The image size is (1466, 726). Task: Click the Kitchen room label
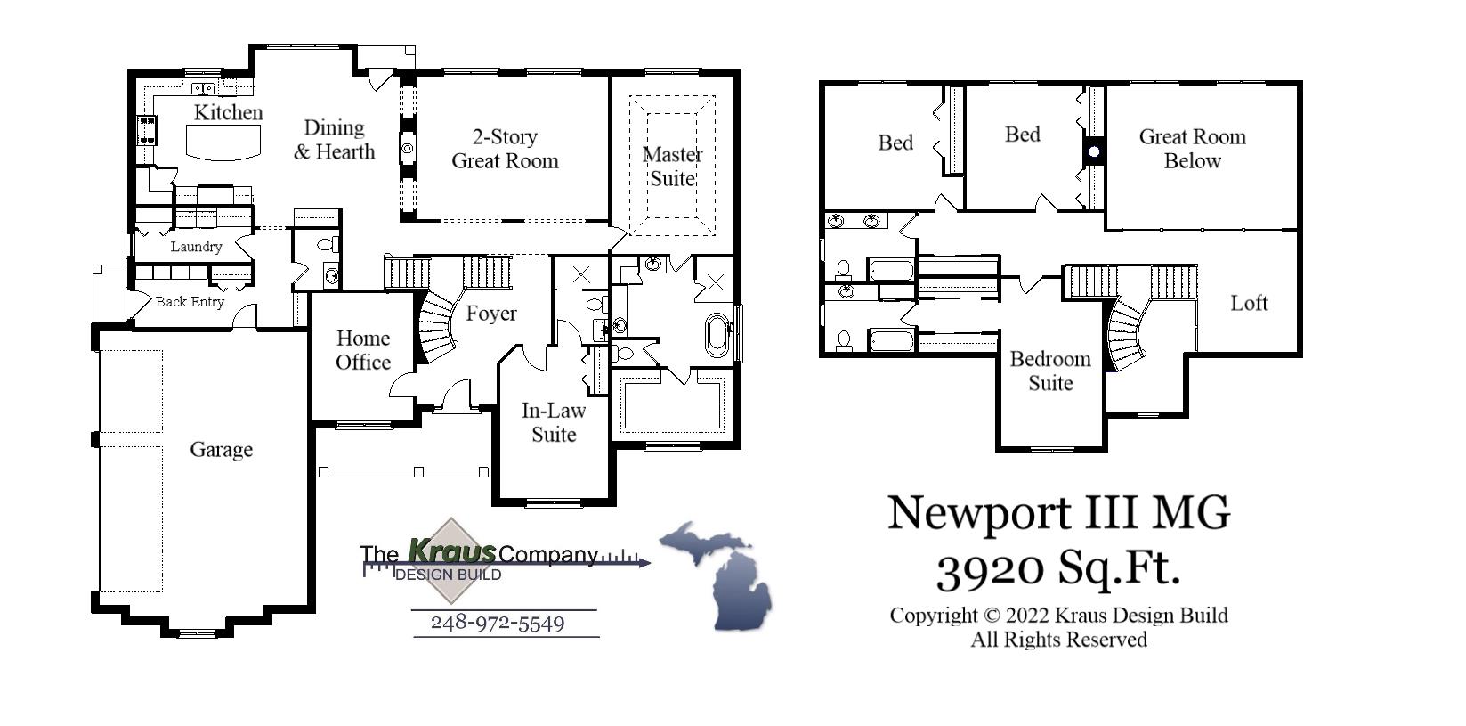[x=228, y=113]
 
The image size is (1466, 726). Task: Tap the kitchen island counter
[x=223, y=142]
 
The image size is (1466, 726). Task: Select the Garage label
[x=221, y=450]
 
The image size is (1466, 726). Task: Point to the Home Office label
[x=363, y=350]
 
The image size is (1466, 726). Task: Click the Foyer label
[x=490, y=314]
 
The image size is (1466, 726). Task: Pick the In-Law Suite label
[x=554, y=422]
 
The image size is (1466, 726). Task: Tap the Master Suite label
[x=672, y=167]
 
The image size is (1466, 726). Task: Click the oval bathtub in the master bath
[x=717, y=335]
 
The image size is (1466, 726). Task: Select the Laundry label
[x=196, y=247]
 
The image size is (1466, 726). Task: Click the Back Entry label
[x=190, y=302]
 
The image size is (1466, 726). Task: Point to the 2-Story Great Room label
[x=505, y=149]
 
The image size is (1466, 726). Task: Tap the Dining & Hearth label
[x=335, y=140]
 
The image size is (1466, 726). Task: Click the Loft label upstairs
[x=1248, y=303]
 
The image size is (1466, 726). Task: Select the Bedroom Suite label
[x=1050, y=371]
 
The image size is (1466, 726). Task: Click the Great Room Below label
[x=1192, y=149]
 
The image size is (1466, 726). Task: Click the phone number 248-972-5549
[x=498, y=623]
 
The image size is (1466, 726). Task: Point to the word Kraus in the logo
[x=450, y=551]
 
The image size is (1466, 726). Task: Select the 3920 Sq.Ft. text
[x=1057, y=567]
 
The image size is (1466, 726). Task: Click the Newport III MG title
[x=1058, y=513]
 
